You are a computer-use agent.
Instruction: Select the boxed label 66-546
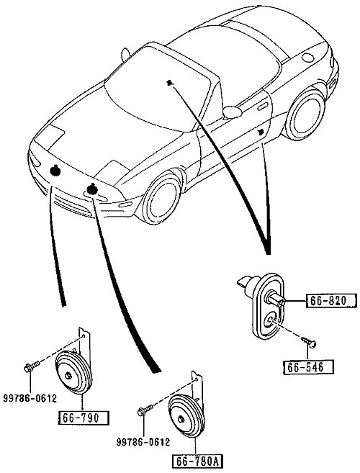[308, 367]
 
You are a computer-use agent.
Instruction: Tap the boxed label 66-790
[83, 418]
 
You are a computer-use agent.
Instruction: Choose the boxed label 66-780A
[197, 462]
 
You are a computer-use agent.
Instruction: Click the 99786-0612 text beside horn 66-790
[30, 399]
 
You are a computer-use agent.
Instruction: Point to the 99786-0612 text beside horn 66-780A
[143, 442]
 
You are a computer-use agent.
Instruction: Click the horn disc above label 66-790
[74, 372]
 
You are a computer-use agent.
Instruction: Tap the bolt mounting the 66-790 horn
[32, 366]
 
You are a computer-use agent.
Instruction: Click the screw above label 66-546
[309, 342]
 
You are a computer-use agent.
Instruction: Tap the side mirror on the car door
[232, 112]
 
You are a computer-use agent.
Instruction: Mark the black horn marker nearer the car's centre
[91, 189]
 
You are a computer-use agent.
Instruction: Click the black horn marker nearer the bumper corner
[55, 171]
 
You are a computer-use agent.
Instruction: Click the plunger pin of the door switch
[276, 300]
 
